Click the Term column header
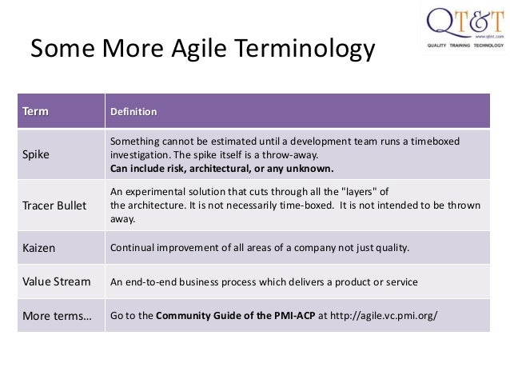(35, 110)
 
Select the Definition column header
(133, 111)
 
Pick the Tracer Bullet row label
(55, 205)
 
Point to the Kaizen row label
(39, 247)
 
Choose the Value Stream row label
(56, 281)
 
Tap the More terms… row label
(57, 316)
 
